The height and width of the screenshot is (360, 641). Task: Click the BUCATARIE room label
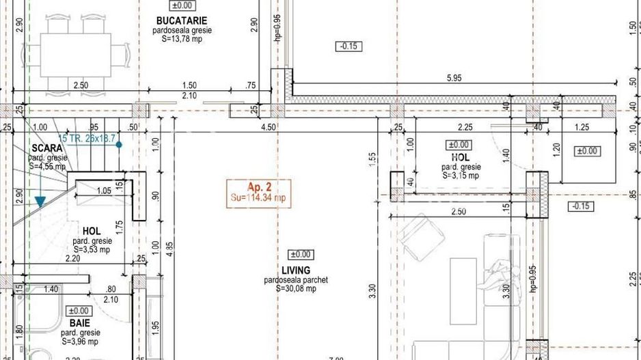tap(181, 21)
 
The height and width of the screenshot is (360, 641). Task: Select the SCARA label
tap(46, 148)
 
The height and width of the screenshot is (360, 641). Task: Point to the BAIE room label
tap(79, 322)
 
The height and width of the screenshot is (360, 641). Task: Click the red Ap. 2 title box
tap(259, 192)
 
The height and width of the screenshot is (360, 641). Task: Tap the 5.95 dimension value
tap(454, 79)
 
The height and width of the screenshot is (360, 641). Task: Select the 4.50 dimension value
tap(269, 127)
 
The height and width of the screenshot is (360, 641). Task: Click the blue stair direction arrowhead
tap(40, 202)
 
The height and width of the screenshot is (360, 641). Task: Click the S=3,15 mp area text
tap(461, 176)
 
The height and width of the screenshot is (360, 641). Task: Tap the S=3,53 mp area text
tap(92, 249)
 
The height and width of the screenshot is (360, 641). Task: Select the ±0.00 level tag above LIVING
tap(301, 255)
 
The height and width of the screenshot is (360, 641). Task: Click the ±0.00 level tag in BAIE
tap(79, 311)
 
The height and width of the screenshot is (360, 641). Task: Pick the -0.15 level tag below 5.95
tap(349, 46)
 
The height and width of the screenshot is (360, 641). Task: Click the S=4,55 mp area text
tap(47, 166)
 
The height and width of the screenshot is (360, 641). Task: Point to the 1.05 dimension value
tap(104, 191)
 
